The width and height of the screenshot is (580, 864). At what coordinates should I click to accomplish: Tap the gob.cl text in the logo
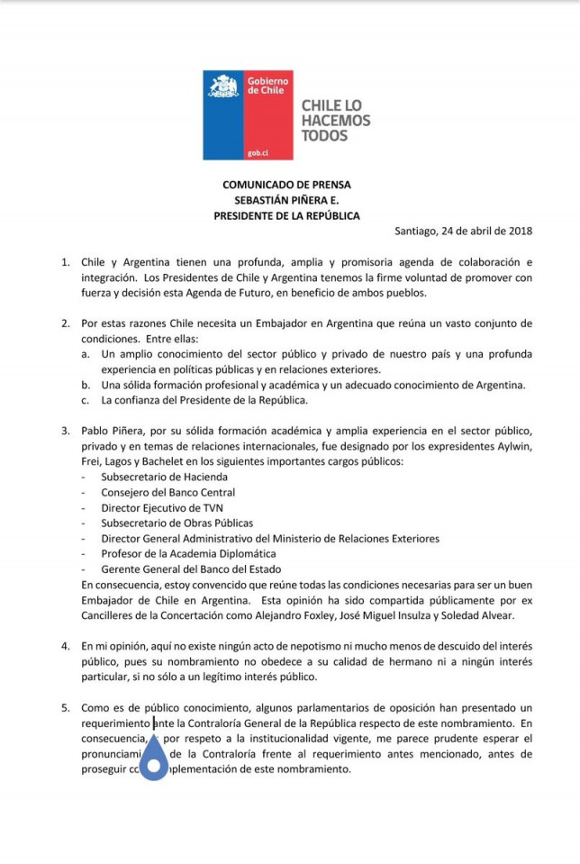pyautogui.click(x=233, y=153)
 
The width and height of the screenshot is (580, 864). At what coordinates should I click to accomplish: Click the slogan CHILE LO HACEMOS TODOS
pyautogui.click(x=335, y=120)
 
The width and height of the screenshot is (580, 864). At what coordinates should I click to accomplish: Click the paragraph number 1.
pyautogui.click(x=65, y=262)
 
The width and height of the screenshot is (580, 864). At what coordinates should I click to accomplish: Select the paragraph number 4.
pyautogui.click(x=65, y=646)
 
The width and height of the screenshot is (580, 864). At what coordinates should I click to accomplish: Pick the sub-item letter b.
pyautogui.click(x=84, y=385)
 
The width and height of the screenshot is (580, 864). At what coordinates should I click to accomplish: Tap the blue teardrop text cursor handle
pyautogui.click(x=155, y=759)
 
